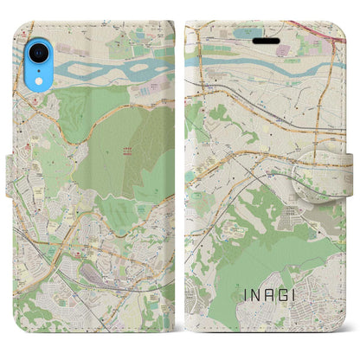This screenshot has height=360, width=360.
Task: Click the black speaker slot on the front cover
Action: click(266, 40)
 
